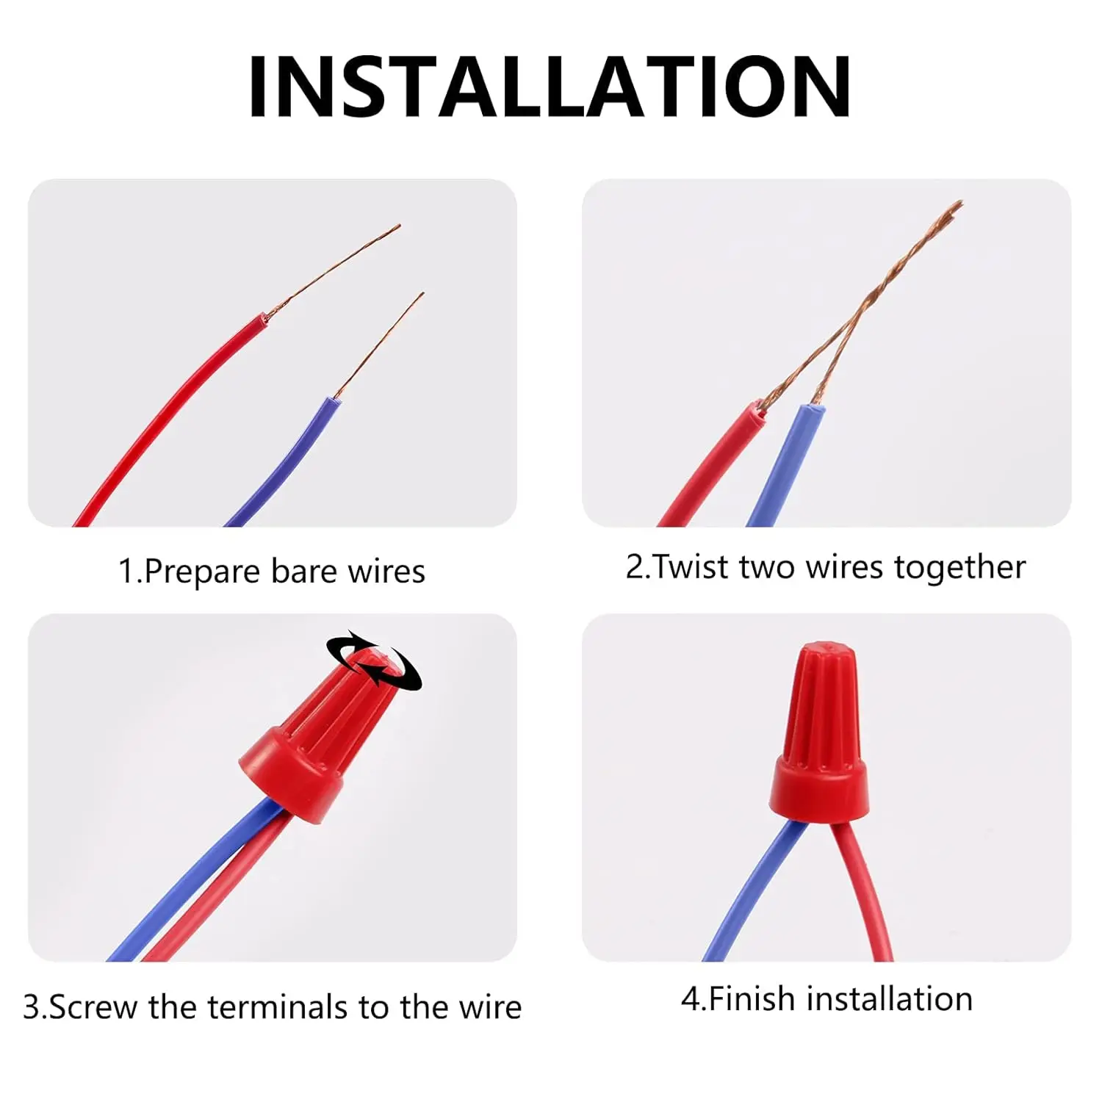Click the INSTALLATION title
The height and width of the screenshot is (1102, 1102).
[x=550, y=87]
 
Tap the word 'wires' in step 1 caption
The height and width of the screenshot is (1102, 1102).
[x=386, y=572]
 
